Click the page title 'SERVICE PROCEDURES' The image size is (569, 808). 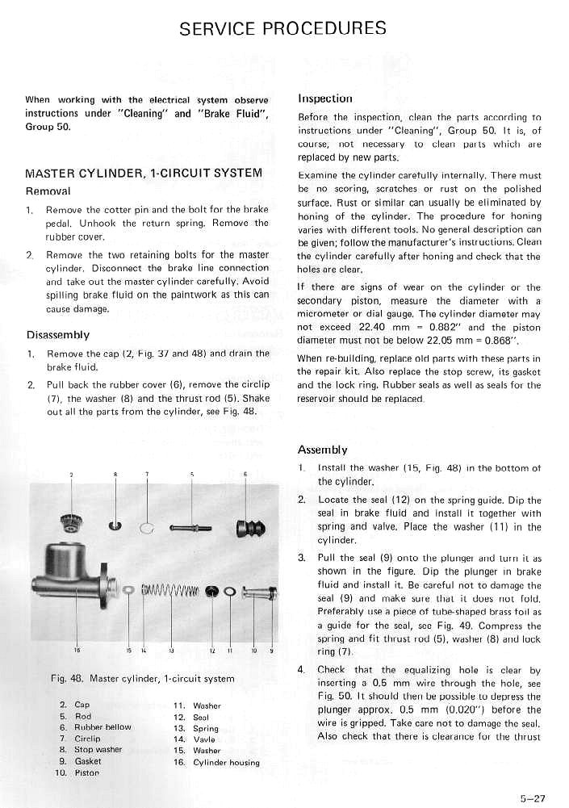[282, 29]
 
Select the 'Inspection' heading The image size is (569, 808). [325, 98]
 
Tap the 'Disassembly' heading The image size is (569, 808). [58, 335]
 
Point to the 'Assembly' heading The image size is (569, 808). [323, 450]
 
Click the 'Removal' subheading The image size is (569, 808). [49, 191]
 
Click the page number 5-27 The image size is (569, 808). [533, 798]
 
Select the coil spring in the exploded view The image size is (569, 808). [170, 592]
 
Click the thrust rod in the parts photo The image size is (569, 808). [190, 529]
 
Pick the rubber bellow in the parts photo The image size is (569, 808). [247, 529]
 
